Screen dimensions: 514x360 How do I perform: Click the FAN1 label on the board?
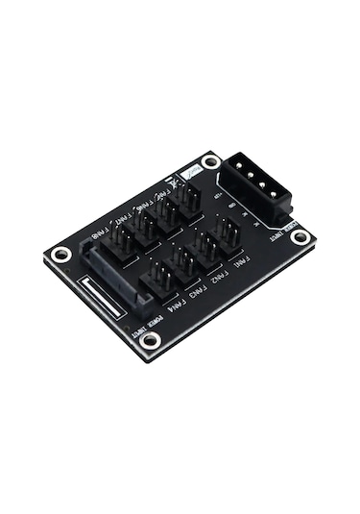coord(238,261)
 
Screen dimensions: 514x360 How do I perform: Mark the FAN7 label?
coord(119,219)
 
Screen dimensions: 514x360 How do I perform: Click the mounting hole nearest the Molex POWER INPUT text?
coord(301,237)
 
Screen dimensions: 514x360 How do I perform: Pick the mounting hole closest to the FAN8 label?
coord(61,255)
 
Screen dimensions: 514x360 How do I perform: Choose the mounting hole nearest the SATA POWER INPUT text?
coord(150,339)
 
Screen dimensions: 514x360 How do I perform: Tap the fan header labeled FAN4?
coord(159,278)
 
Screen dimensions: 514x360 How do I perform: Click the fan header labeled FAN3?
coord(182,262)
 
